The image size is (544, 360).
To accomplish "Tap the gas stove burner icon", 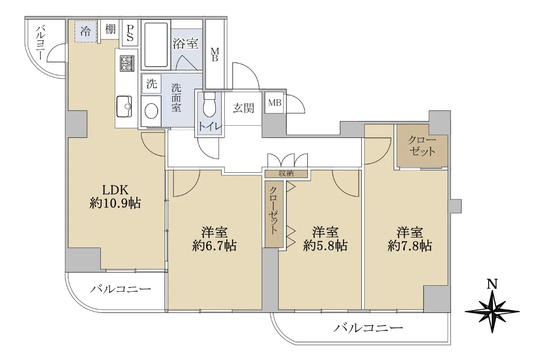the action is click(x=127, y=63).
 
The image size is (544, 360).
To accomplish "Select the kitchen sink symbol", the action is click(x=124, y=107).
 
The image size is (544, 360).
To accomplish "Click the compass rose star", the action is click(x=492, y=311).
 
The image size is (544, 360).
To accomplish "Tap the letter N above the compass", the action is click(x=492, y=284).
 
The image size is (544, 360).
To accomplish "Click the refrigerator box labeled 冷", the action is click(x=86, y=31).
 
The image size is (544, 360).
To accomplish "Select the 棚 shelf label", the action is click(x=110, y=29).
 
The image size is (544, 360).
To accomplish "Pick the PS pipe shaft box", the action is click(x=130, y=33).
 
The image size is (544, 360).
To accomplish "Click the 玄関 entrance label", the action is click(x=243, y=108).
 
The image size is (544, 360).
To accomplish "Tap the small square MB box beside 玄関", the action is click(x=274, y=102).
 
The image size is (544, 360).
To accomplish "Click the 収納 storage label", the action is click(x=286, y=174).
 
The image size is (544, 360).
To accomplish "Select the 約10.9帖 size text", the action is click(x=115, y=203).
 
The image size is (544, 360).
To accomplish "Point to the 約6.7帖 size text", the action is click(x=214, y=246).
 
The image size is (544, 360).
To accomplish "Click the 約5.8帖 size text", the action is click(x=325, y=246).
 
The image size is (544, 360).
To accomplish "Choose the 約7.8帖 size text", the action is click(x=410, y=246).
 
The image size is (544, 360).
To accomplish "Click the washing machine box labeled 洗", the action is click(x=152, y=84).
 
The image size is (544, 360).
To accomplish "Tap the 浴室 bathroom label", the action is click(x=186, y=44).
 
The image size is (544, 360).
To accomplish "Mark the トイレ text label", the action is click(x=210, y=127).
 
